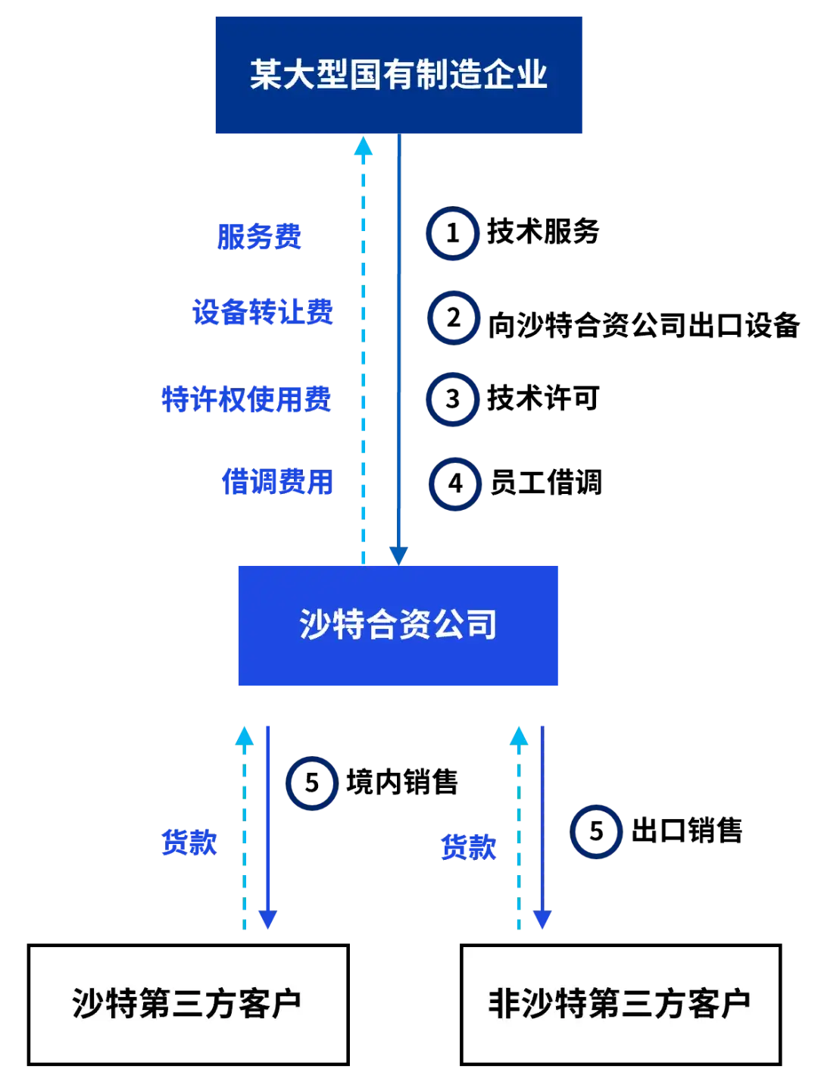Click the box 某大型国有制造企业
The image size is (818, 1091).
click(399, 75)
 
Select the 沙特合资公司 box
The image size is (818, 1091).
click(399, 626)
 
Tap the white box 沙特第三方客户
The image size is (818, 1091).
click(188, 1004)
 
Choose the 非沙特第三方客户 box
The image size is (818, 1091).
click(620, 1004)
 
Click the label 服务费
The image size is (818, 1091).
click(260, 236)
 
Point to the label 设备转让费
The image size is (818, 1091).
click(262, 311)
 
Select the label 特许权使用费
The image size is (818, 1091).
click(246, 399)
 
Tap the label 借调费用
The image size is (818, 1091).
click(277, 482)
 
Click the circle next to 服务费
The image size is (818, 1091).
click(453, 235)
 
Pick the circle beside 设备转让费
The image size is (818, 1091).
click(454, 317)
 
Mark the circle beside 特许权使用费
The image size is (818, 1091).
click(453, 399)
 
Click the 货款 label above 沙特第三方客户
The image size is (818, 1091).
click(189, 842)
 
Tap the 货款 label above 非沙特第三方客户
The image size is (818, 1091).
click(467, 846)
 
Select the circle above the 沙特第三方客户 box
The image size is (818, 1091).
click(312, 783)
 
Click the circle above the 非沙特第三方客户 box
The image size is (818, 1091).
click(596, 831)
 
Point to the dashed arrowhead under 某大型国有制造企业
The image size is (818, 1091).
click(364, 147)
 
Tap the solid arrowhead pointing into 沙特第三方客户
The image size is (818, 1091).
click(267, 920)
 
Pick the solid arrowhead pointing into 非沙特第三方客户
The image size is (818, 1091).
click(542, 920)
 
